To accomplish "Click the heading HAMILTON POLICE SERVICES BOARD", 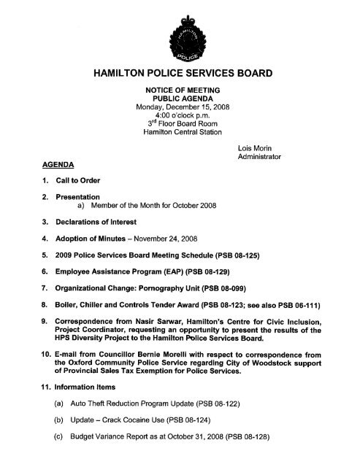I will [180, 74].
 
